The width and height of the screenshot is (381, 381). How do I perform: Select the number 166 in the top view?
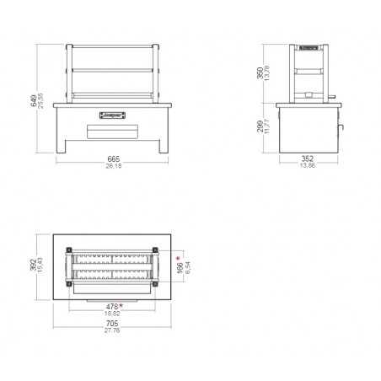[x=180, y=267]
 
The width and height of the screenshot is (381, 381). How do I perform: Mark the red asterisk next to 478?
[x=121, y=304]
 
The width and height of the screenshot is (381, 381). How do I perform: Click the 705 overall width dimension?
[x=111, y=324]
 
